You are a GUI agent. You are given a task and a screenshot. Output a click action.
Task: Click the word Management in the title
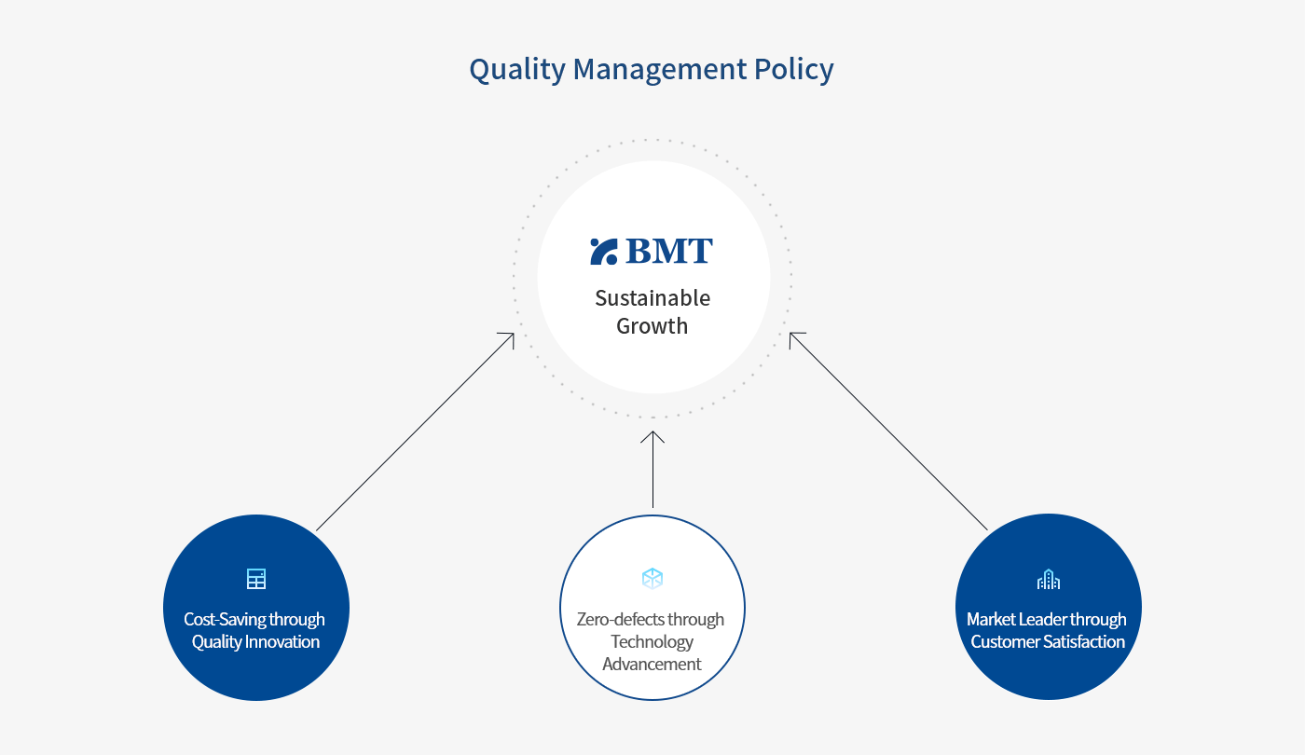pyautogui.click(x=660, y=69)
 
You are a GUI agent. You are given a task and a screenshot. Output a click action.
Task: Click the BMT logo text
pyautogui.click(x=669, y=251)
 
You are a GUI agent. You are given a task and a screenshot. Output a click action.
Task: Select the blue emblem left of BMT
pyautogui.click(x=604, y=252)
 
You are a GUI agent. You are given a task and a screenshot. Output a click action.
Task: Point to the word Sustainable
pyautogui.click(x=652, y=297)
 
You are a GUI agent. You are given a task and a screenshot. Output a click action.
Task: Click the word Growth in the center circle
pyautogui.click(x=652, y=326)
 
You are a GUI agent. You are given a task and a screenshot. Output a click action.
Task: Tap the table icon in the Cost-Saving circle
pyautogui.click(x=255, y=579)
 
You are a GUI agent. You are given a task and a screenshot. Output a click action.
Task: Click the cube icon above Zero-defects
pyautogui.click(x=652, y=579)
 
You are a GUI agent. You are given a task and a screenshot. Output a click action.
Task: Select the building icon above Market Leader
pyautogui.click(x=1049, y=579)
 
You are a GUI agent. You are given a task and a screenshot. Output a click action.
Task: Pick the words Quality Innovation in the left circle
pyautogui.click(x=255, y=641)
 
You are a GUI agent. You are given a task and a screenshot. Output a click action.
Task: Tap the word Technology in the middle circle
pyautogui.click(x=652, y=641)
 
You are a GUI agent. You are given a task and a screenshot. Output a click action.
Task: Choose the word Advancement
pyautogui.click(x=652, y=664)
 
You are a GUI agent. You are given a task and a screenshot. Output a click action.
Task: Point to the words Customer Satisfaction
pyautogui.click(x=1048, y=641)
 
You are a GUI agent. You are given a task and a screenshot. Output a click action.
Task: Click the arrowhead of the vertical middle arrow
pyautogui.click(x=652, y=432)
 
